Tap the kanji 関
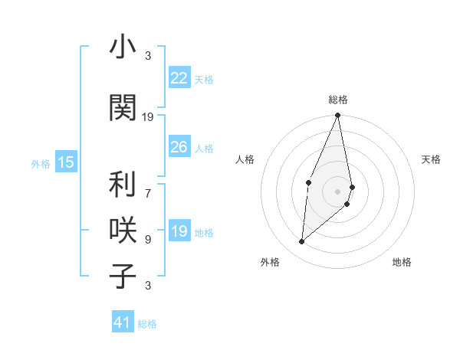[122, 107]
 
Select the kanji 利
[122, 185]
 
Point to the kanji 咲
[122, 230]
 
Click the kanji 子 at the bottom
[122, 275]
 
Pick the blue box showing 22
[179, 78]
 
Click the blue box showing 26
[179, 147]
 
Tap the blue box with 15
[66, 162]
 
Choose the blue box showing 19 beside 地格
[179, 232]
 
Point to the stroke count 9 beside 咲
[148, 239]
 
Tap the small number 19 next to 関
[148, 117]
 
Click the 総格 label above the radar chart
[338, 100]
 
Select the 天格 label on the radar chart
[432, 159]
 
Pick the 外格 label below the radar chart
[270, 262]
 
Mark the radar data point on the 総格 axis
[338, 116]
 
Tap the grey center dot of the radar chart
[338, 191]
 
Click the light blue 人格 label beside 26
[204, 149]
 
